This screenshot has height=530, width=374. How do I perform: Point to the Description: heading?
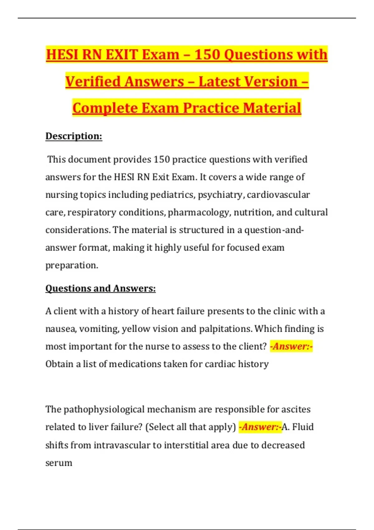(x=74, y=136)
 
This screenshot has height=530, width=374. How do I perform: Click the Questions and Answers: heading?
(x=100, y=288)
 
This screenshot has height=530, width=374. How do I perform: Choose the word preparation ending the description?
(x=71, y=265)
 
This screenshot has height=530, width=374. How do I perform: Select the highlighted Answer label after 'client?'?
(x=291, y=346)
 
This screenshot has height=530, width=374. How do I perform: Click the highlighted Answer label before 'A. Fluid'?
(x=260, y=427)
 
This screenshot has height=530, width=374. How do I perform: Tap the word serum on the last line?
(x=59, y=463)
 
